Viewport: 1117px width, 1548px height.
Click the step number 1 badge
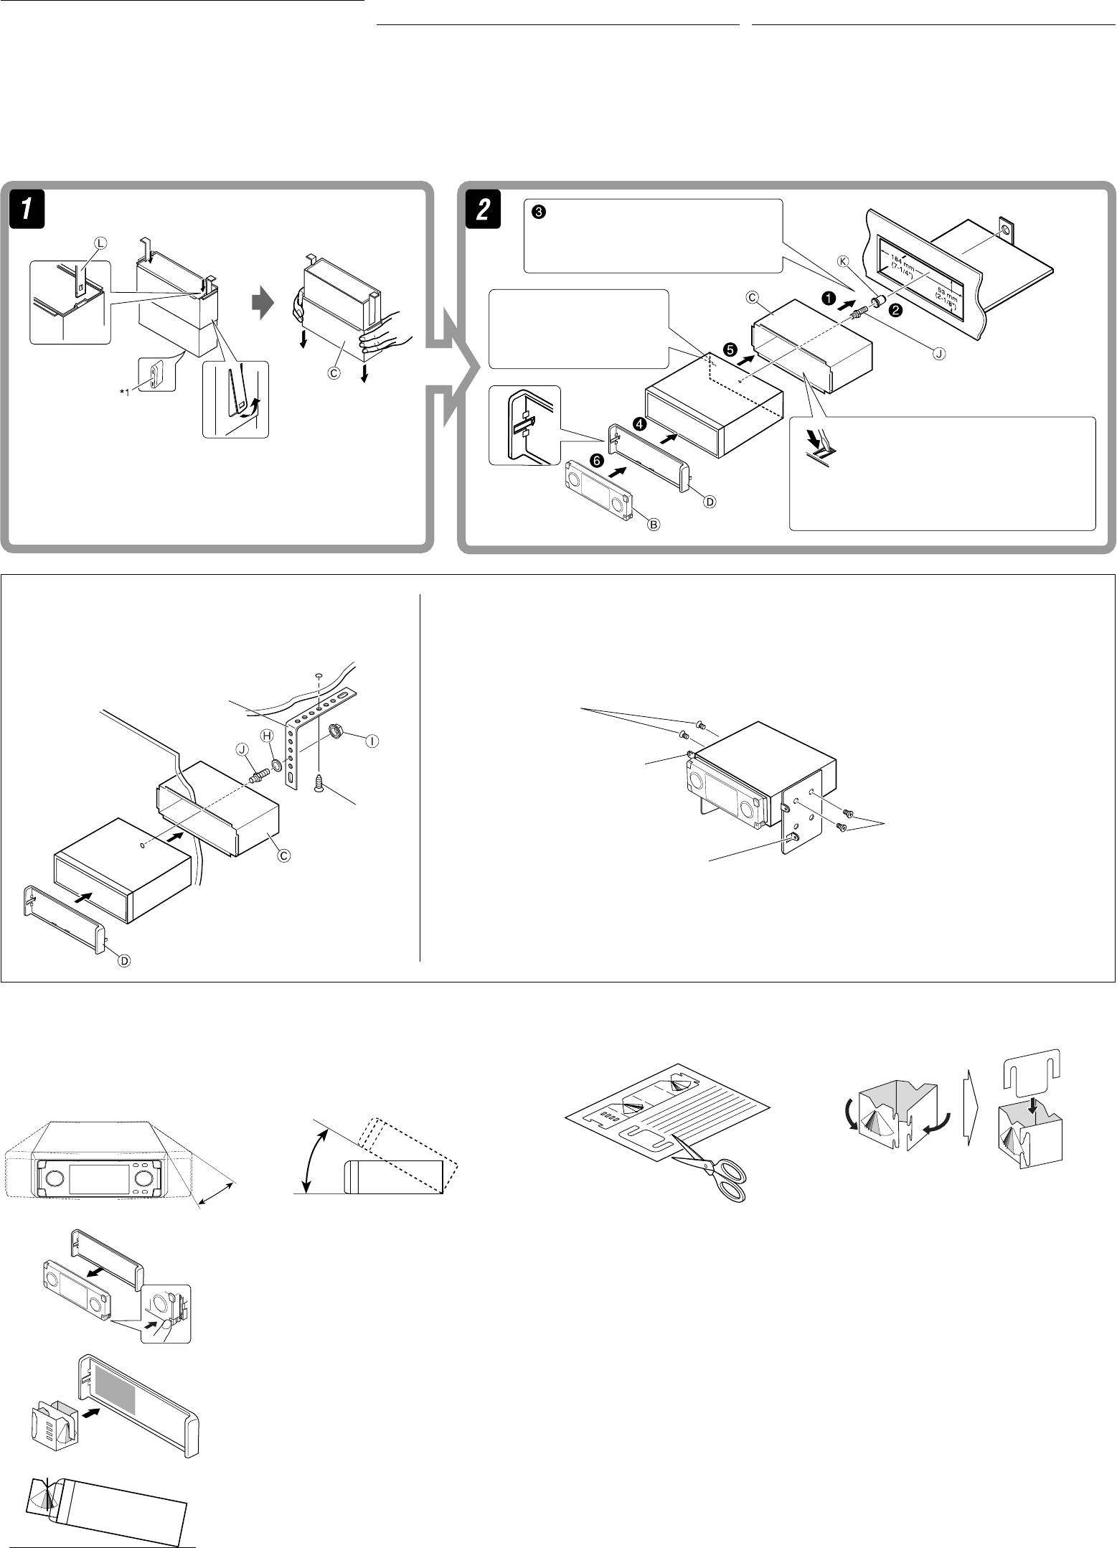(x=24, y=209)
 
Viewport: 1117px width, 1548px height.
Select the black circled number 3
(x=540, y=212)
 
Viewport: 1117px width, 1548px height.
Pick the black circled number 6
(x=594, y=459)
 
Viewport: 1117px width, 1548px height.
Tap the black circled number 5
(x=730, y=350)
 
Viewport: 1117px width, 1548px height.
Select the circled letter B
(x=654, y=525)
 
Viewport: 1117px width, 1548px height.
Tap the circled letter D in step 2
(x=708, y=502)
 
